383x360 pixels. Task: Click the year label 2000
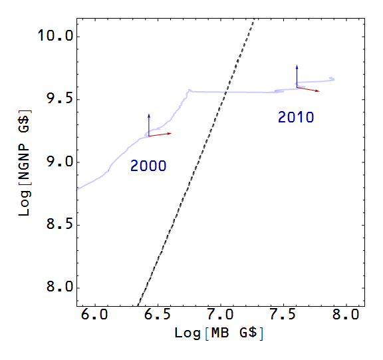coord(148,166)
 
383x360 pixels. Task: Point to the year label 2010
coord(296,118)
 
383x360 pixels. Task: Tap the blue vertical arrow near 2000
coord(149,124)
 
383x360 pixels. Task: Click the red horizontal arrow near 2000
coord(160,134)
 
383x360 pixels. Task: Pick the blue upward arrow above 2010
coord(297,75)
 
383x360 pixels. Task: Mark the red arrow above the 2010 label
coord(308,89)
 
